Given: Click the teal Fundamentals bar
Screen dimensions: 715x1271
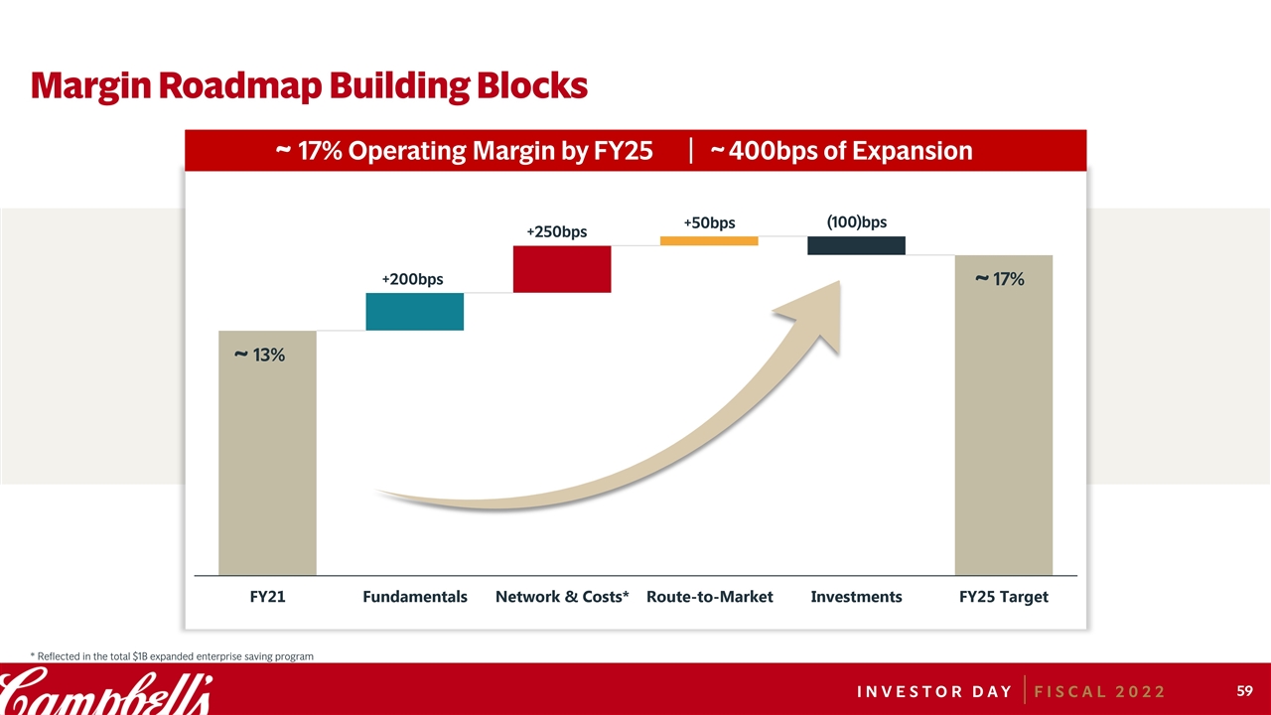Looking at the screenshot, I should [x=414, y=312].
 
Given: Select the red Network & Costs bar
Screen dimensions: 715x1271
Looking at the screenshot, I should [x=561, y=269].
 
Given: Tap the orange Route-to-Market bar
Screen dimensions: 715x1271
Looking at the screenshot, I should [x=709, y=240].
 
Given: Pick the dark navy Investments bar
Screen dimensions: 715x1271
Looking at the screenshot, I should [x=856, y=245].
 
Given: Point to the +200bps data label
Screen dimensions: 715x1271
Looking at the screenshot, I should [x=412, y=280].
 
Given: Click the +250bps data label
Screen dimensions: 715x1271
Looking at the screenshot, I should [x=556, y=232].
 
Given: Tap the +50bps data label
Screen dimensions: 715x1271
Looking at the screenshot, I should [x=709, y=222].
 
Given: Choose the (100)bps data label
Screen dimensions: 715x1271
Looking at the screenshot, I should [x=856, y=222].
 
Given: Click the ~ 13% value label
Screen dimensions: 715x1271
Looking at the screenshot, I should [x=259, y=355].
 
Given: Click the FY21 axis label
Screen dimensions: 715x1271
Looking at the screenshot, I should [x=266, y=597].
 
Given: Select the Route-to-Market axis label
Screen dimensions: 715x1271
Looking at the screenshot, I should [x=709, y=597].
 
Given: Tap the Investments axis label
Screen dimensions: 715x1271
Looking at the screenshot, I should [x=856, y=597].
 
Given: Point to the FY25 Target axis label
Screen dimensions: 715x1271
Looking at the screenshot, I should [x=1003, y=597].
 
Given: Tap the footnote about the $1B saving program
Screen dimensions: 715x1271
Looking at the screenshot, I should [x=172, y=656].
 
